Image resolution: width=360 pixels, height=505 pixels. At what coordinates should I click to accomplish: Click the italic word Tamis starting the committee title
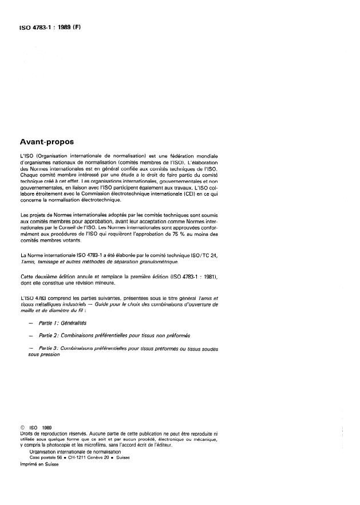tap(28, 261)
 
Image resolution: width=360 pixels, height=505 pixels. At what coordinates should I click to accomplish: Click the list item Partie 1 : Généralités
tap(64, 323)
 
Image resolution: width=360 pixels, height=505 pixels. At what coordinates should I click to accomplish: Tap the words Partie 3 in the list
tap(48, 348)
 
